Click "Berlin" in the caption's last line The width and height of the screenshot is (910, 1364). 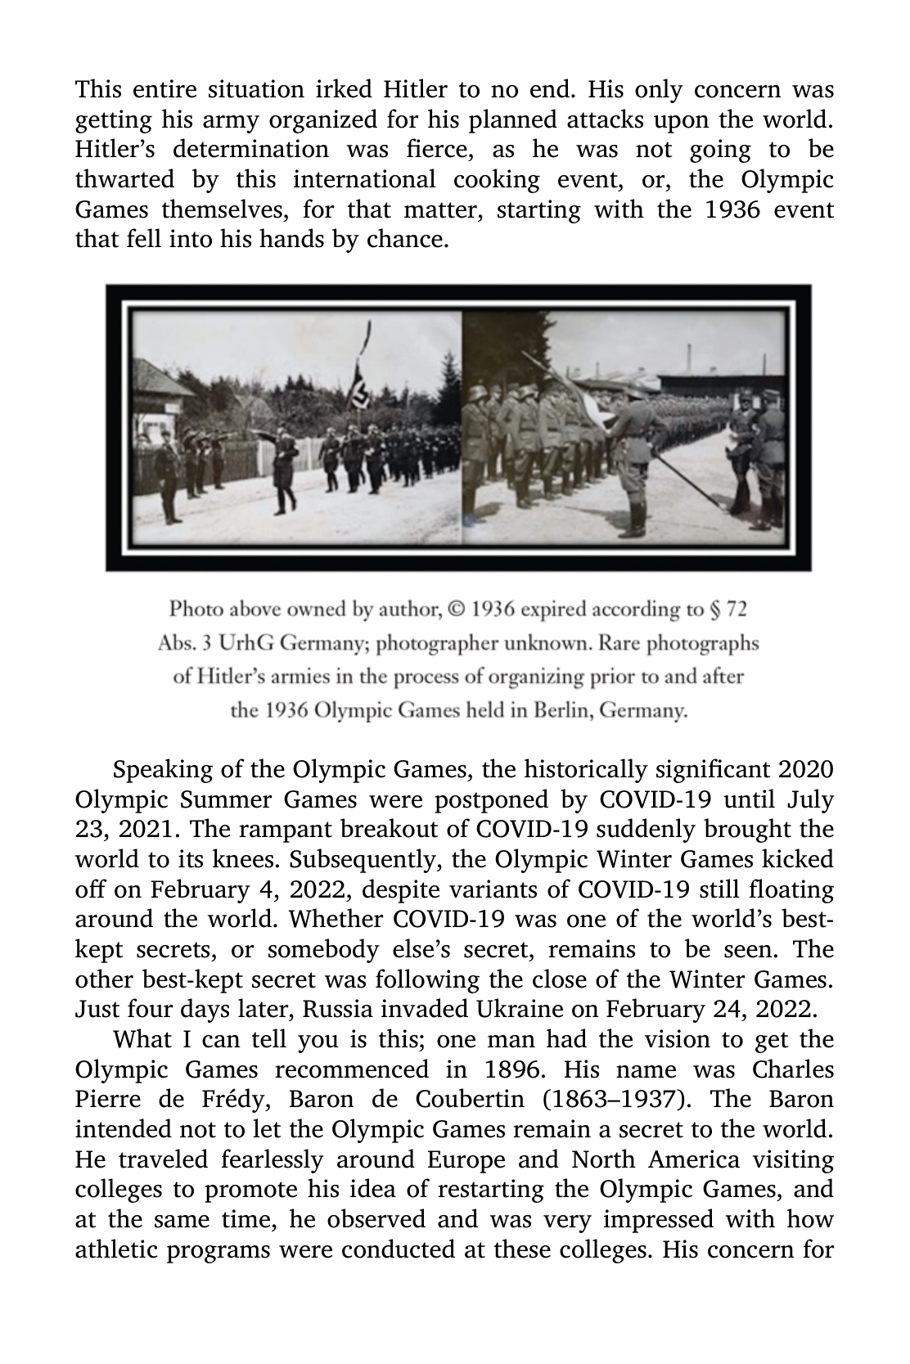[565, 709]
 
